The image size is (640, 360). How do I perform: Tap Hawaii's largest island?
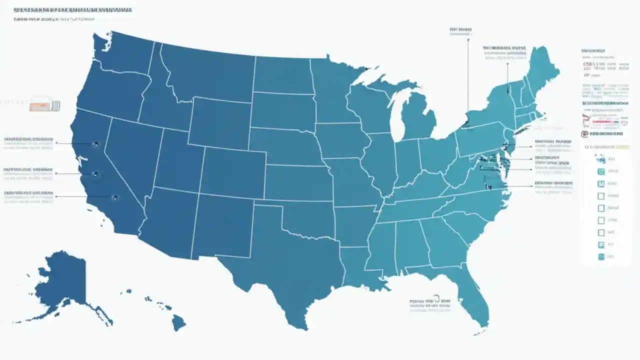178,323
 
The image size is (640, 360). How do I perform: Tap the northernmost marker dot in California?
95,143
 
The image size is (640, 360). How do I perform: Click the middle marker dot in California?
95,173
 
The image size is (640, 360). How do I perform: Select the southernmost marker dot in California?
115,197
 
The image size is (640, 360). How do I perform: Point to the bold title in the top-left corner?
72,10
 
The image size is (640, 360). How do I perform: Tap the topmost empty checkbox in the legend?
601,196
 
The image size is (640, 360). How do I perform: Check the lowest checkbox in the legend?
601,257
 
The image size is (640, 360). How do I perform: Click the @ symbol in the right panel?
584,134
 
